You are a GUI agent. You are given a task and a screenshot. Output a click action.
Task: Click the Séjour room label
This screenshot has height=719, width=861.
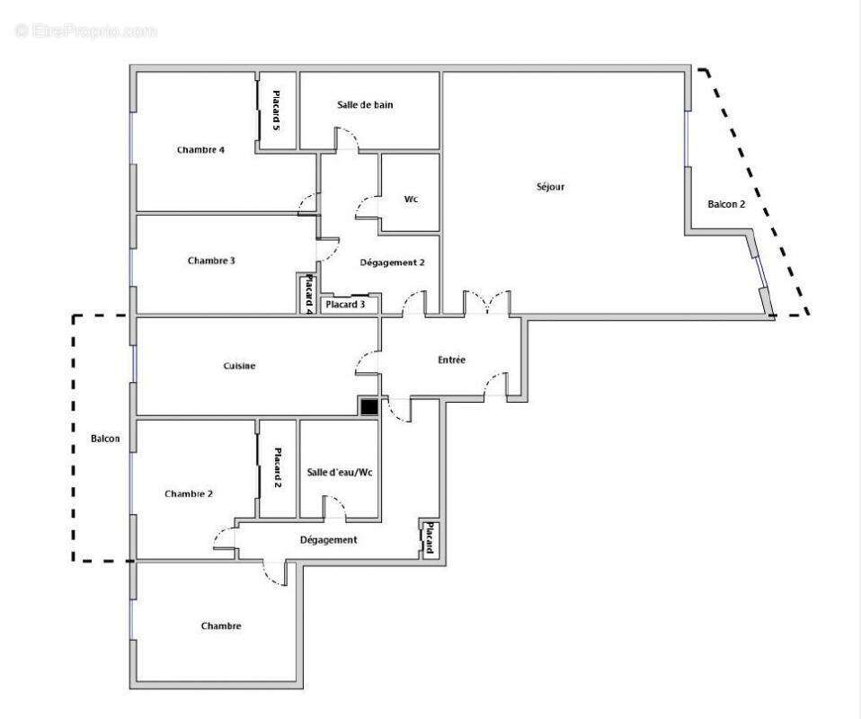[x=549, y=187]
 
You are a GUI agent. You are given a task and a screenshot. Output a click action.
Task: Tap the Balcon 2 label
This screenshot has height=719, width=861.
[x=726, y=204]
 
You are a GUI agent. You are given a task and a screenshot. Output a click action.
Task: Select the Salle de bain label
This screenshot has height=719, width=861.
[x=365, y=105]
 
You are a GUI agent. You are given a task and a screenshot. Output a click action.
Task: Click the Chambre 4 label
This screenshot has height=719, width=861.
[x=200, y=149]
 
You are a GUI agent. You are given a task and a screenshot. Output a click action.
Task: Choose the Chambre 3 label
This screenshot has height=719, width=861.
[x=211, y=261]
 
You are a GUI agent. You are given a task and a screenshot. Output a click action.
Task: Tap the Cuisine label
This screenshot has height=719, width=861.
[x=239, y=366]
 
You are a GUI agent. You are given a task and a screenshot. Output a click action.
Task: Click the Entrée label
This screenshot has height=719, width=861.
[x=451, y=359]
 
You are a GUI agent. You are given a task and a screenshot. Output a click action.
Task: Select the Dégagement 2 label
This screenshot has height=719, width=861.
[x=392, y=262]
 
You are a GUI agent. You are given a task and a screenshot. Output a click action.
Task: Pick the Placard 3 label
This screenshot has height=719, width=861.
[x=345, y=305]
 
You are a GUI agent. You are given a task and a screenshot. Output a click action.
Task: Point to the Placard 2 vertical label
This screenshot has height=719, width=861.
[x=278, y=467]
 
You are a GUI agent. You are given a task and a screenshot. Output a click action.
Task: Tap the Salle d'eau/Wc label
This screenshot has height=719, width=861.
[x=339, y=473]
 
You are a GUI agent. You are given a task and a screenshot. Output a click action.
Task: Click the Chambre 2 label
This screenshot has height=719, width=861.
[x=189, y=493]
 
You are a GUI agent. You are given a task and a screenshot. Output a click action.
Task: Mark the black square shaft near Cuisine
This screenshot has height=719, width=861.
[x=368, y=407]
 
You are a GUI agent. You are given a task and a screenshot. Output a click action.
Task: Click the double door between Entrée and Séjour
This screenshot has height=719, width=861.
[x=487, y=303]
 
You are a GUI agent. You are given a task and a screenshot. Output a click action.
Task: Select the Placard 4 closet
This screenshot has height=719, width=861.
[x=308, y=294]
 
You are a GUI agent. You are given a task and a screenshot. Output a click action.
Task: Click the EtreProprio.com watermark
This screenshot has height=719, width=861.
[x=86, y=31]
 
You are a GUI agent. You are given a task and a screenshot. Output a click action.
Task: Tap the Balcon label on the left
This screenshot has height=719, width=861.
[x=105, y=439]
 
